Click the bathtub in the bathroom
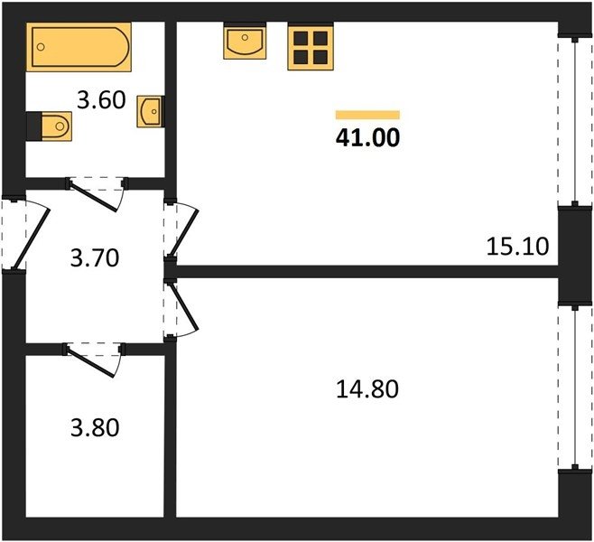pos(79,47)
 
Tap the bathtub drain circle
pos(41,47)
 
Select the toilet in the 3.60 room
pos(49,126)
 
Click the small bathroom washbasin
pos(151,111)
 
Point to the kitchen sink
pos(245,41)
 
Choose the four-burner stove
pos(311,46)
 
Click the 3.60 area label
pos(101,100)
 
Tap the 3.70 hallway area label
pos(95,257)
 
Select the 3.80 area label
pos(95,427)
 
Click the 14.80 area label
pos(367,389)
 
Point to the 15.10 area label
pos(517,246)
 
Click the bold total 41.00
pos(367,137)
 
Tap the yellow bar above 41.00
pos(367,115)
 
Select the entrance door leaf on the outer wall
pos(31,239)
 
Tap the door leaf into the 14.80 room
pos(184,306)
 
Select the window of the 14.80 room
pos(575,387)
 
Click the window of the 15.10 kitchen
pos(575,121)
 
